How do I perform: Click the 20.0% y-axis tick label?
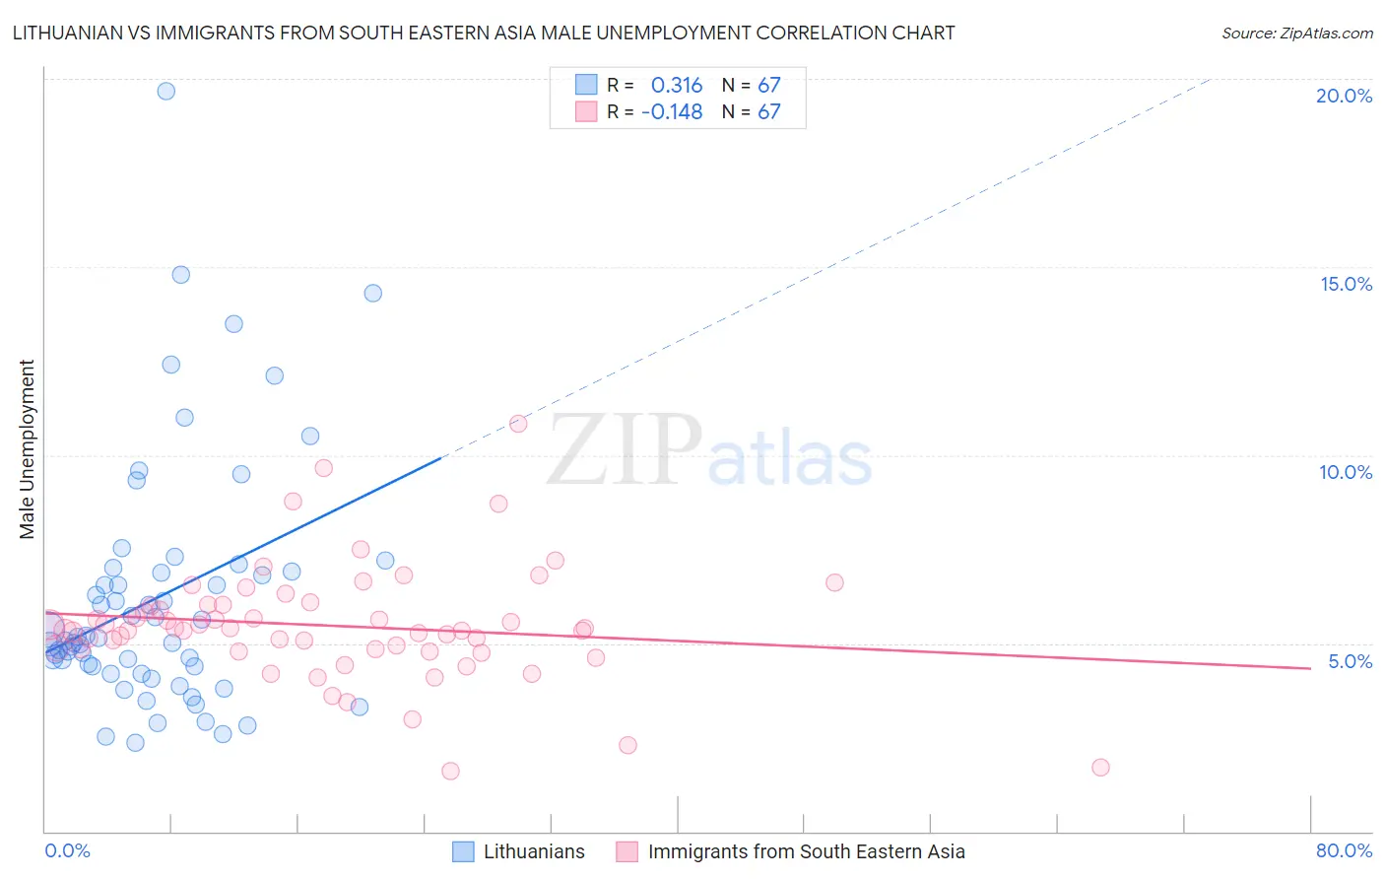pos(1344,96)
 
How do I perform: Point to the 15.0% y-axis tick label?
pos(1346,284)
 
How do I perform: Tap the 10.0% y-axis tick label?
pos(1346,472)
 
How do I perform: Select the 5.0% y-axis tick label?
pos(1350,661)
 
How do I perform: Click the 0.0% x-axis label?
pos(67,850)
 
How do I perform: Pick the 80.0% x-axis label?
pos(1344,850)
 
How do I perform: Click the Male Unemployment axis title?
pos(27,449)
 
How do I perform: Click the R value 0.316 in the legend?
pos(677,85)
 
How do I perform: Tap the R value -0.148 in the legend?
pos(672,111)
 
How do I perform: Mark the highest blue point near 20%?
pos(166,91)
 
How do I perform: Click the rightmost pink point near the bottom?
pos(1100,768)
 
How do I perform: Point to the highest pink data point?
pos(518,424)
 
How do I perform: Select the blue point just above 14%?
pos(372,293)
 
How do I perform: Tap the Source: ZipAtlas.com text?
pos(1296,33)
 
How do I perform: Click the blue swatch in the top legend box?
pos(586,85)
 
